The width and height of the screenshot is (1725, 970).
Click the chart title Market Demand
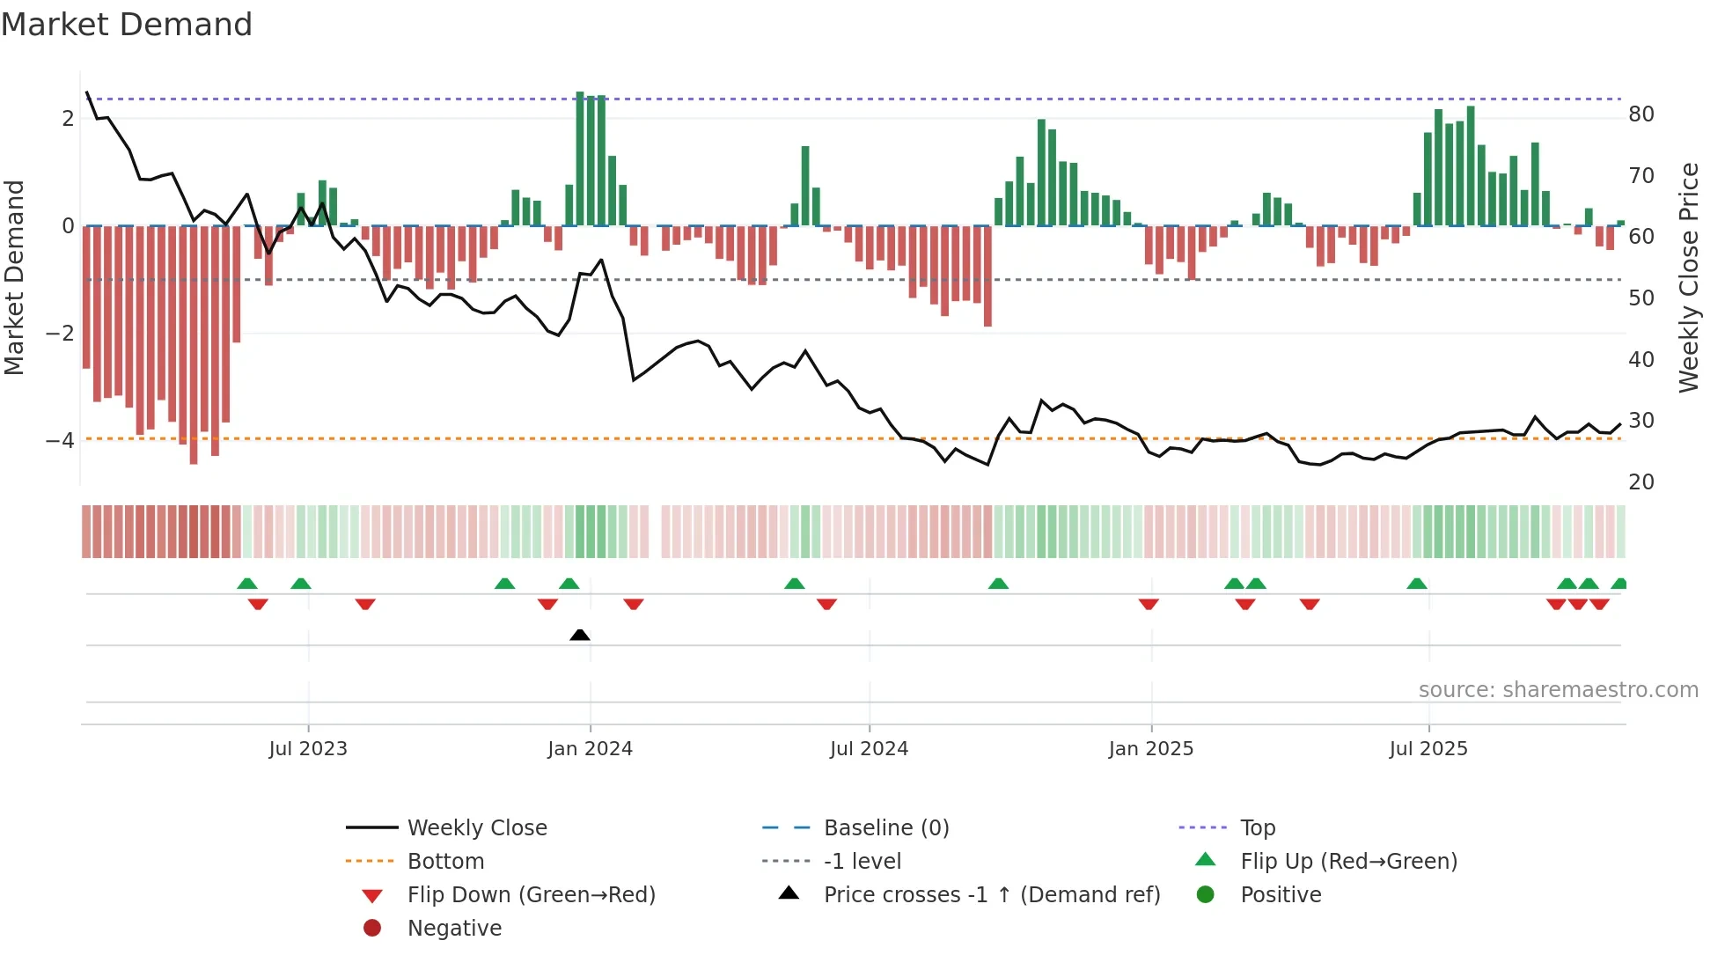click(x=127, y=25)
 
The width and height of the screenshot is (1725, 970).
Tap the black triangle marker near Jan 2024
click(x=579, y=635)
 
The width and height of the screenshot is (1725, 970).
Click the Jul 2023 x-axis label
click(x=308, y=749)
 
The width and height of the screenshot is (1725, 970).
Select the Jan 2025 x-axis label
click(x=1150, y=749)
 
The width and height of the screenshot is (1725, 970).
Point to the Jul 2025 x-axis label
click(x=1428, y=749)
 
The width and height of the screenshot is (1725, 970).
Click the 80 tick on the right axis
click(x=1641, y=114)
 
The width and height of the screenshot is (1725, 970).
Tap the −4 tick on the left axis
click(x=60, y=440)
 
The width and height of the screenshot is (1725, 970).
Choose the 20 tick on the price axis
click(x=1641, y=482)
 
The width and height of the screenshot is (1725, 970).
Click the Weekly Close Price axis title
click(x=1688, y=277)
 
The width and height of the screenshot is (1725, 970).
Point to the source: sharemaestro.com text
click(x=1558, y=689)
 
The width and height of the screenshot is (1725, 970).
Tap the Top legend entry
click(x=1258, y=827)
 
